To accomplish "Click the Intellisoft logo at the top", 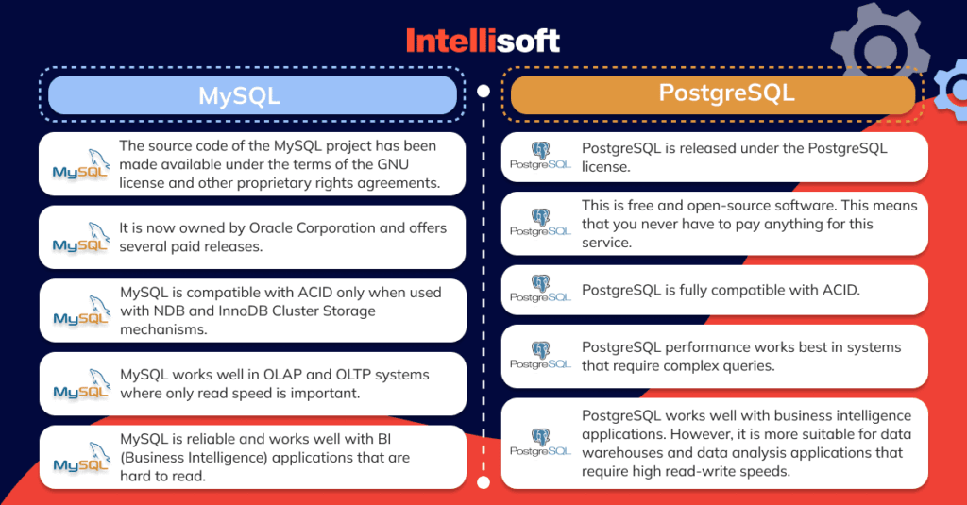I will (x=483, y=40).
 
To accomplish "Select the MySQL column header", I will (x=252, y=95).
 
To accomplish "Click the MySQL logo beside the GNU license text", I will (x=80, y=164).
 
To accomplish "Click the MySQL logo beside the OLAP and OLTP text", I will (x=80, y=384).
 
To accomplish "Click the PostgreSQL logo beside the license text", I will (x=540, y=157).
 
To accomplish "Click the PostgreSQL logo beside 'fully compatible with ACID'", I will (x=540, y=290).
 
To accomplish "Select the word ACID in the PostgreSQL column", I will (x=840, y=290).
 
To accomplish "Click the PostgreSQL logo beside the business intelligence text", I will (x=540, y=444).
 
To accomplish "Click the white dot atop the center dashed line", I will (x=483, y=93).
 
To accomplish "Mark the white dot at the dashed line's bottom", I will (x=483, y=482).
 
